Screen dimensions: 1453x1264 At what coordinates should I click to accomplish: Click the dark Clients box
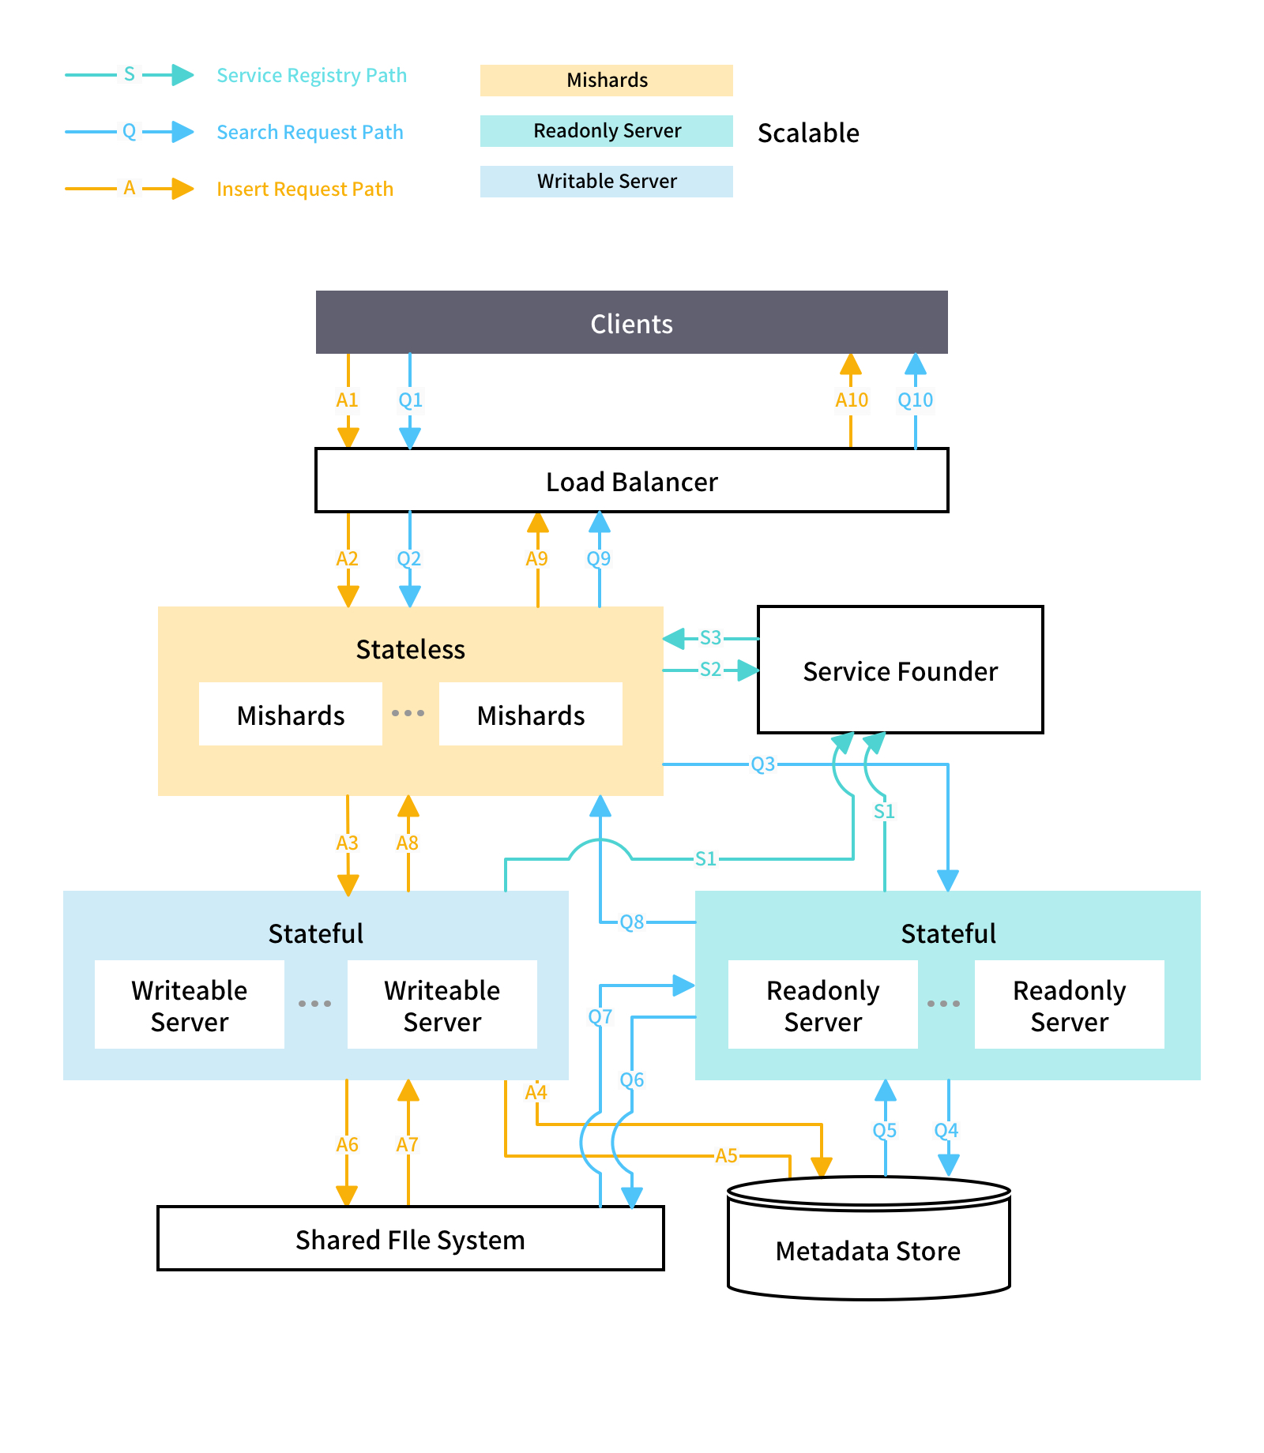631,323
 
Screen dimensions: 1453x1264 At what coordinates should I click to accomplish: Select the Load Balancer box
631,481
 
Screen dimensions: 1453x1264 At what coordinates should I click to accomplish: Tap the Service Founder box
900,670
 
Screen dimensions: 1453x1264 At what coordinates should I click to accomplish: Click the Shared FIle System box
410,1239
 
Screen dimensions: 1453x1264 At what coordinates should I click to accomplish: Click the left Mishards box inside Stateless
291,715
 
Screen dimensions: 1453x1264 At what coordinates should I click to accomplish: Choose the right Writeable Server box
442,1005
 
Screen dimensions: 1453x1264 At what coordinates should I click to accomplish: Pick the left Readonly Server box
823,1005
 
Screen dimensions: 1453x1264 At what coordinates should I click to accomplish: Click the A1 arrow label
348,400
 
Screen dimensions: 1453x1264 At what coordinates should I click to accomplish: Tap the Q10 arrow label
916,400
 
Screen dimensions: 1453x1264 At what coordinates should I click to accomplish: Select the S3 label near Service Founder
710,637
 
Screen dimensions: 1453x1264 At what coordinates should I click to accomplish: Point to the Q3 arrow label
762,764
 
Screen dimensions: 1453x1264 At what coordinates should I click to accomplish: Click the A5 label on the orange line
726,1155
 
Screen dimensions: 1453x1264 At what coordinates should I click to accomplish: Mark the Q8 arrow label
631,922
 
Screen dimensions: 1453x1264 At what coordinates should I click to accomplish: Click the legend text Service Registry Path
311,75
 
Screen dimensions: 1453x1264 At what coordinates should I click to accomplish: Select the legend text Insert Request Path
305,189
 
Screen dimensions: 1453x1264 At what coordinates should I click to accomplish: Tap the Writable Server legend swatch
607,182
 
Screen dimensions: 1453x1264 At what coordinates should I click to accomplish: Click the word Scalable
808,133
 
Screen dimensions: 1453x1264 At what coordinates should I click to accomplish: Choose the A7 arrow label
408,1144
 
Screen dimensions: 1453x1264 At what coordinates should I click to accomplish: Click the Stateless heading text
410,649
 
